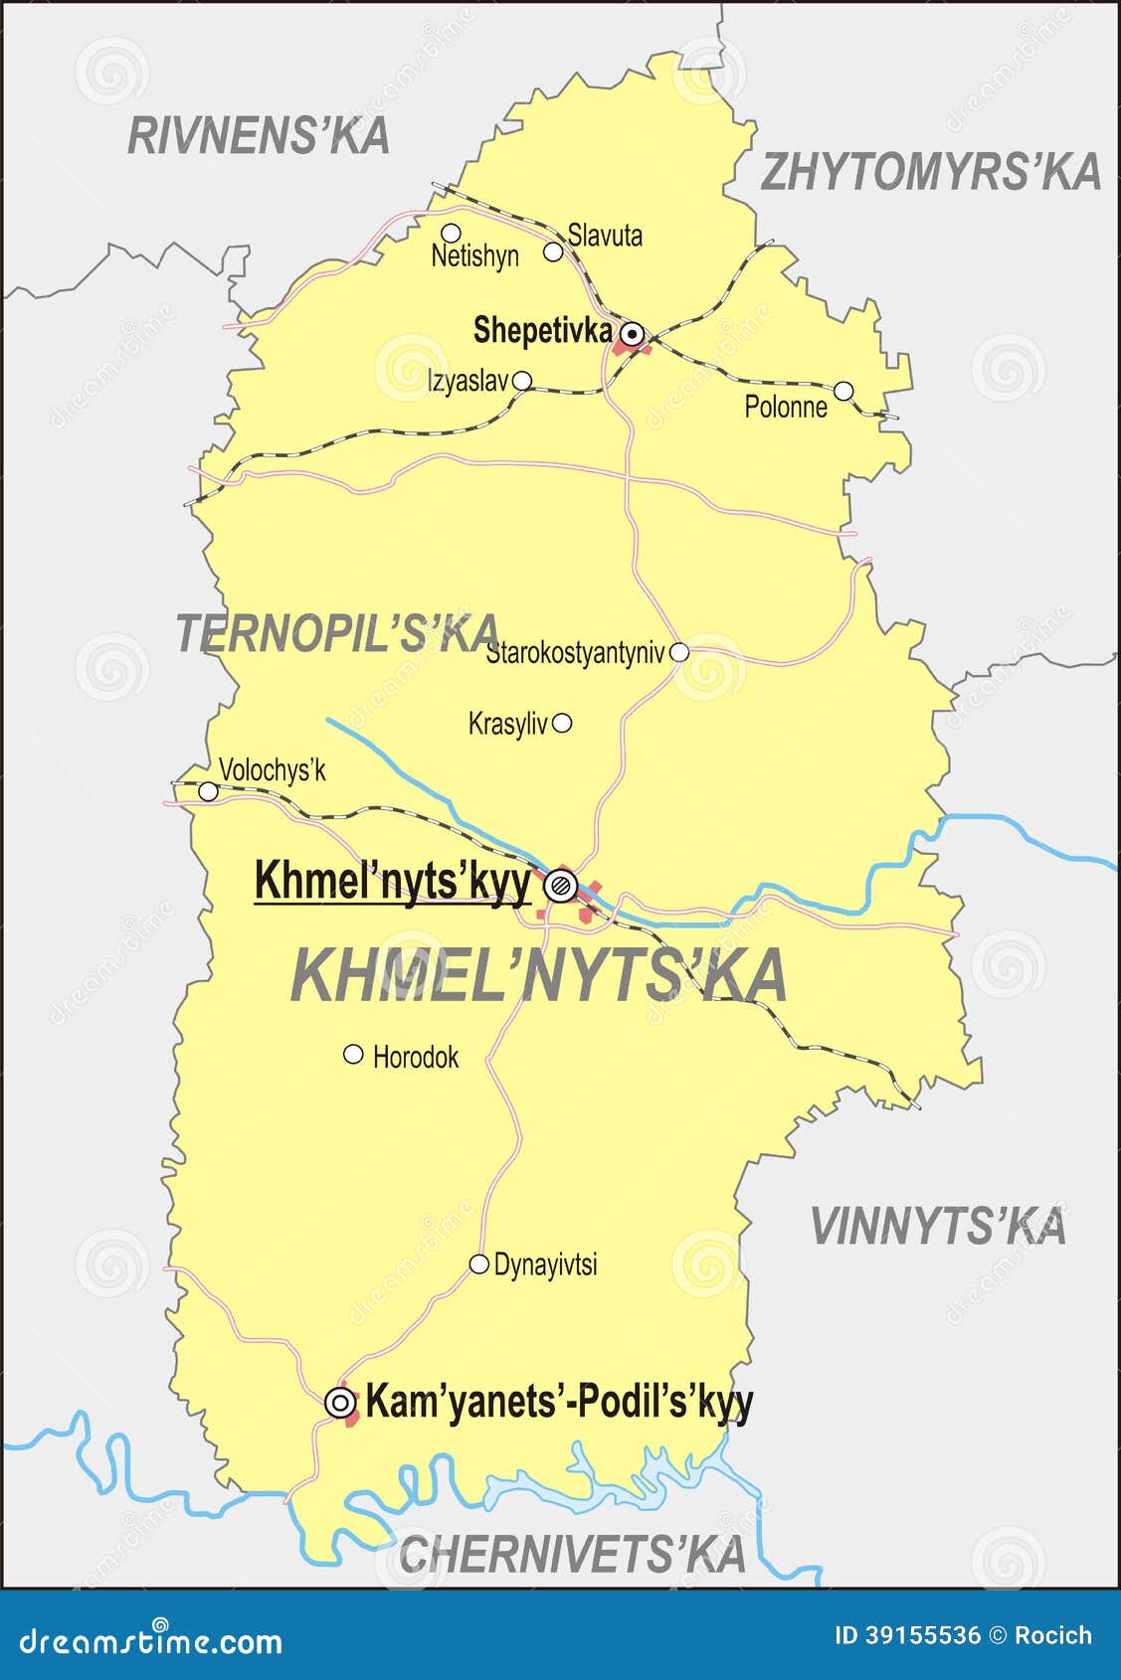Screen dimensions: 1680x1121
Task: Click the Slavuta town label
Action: [605, 236]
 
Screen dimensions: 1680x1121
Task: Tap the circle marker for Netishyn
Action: [451, 234]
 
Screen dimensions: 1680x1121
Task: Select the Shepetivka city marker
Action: [630, 333]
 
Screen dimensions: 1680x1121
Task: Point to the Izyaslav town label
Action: [467, 381]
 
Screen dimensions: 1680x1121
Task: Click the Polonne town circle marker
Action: [843, 391]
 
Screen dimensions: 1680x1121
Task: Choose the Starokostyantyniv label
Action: [575, 653]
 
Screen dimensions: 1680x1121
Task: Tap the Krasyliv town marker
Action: [562, 723]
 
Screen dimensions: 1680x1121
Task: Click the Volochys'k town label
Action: [272, 770]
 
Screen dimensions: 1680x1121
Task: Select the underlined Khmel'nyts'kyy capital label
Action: [393, 881]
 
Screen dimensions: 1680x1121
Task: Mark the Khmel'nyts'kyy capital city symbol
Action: [561, 884]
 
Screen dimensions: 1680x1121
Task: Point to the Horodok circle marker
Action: [353, 1054]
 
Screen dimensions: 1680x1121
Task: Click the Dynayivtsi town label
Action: [545, 1264]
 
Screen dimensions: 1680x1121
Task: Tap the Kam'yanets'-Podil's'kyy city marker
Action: [340, 1403]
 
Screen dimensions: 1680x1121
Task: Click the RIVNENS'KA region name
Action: [259, 136]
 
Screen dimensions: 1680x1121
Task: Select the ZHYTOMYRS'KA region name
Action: [931, 172]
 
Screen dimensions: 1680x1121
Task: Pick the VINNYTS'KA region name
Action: [938, 1226]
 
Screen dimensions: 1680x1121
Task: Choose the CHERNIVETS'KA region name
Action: [572, 1554]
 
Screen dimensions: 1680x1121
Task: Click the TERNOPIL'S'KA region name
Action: [336, 633]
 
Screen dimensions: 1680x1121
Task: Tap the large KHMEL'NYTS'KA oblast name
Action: [539, 975]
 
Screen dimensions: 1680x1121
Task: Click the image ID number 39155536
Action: [907, 1635]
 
